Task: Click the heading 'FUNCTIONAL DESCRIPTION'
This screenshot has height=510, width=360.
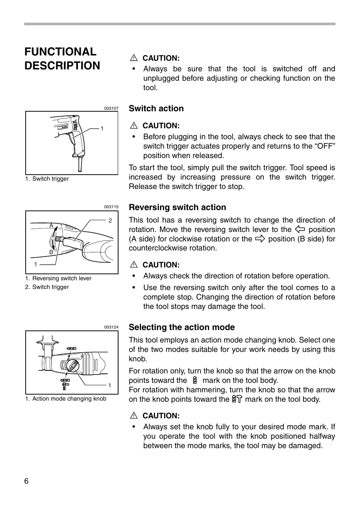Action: [x=62, y=58]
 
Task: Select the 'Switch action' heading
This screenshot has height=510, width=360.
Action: [x=156, y=109]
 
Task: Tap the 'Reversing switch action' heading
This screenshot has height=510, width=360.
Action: [x=177, y=207]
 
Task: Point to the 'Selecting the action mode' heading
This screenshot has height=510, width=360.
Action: [x=182, y=327]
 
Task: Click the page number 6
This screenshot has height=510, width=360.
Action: [x=26, y=481]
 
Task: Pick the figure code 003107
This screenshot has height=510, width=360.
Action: [x=111, y=109]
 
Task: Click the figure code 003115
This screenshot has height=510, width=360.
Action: [x=111, y=207]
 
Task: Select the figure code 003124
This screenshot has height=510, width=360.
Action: [x=111, y=327]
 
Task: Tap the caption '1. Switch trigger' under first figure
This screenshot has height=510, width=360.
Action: [x=47, y=179]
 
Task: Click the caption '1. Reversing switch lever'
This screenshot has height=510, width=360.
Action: [x=58, y=278]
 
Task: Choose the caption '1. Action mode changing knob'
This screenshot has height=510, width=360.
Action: [x=66, y=399]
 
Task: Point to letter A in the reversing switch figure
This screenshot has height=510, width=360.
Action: [x=51, y=225]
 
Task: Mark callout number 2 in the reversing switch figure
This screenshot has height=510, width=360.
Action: [x=110, y=221]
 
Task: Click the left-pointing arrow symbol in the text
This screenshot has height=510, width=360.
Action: [x=300, y=229]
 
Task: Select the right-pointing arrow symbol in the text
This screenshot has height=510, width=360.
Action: [x=260, y=239]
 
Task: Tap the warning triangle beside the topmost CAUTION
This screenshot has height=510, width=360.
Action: [x=134, y=58]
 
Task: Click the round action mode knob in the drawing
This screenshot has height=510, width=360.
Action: [x=72, y=365]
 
